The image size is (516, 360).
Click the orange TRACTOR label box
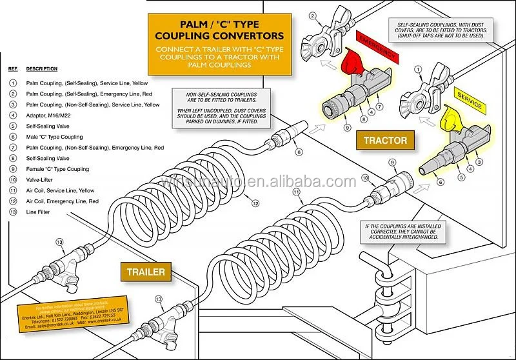385,140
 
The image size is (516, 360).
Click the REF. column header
12,69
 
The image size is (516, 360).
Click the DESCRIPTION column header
41,69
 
